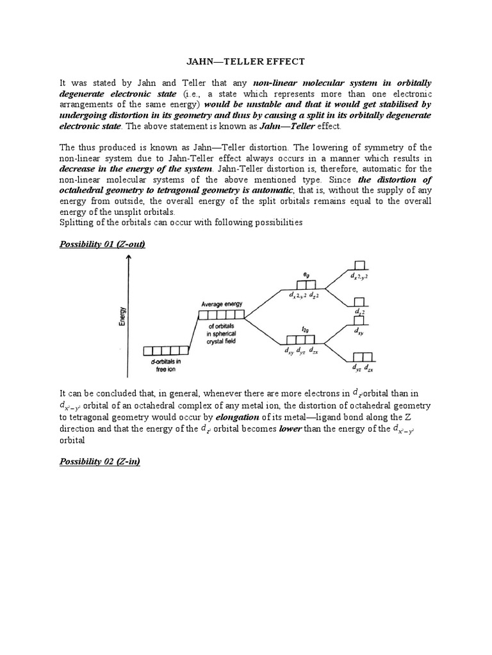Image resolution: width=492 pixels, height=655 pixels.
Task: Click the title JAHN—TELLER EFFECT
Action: pos(245,61)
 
